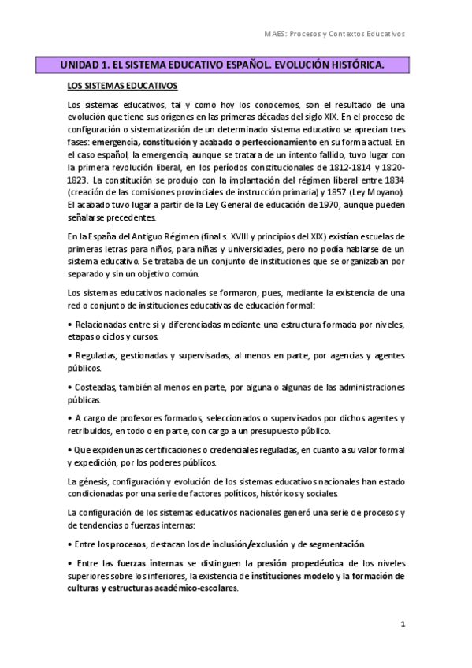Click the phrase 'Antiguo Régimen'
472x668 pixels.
tap(147, 237)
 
